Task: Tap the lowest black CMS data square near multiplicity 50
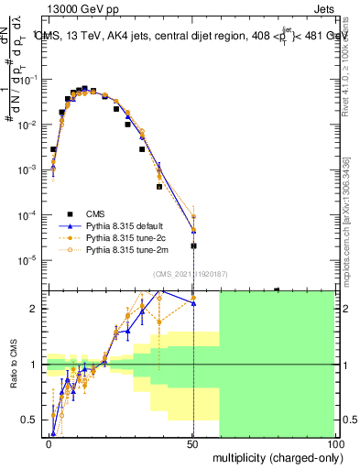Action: [x=193, y=245]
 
